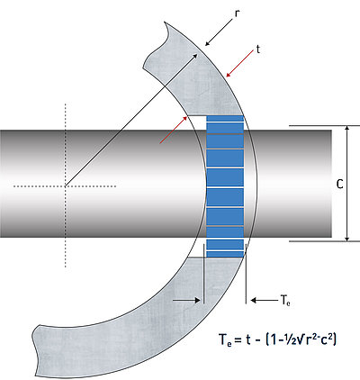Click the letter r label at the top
237,15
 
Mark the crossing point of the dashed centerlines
65,186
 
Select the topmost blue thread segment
225,118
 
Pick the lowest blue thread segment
225,252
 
